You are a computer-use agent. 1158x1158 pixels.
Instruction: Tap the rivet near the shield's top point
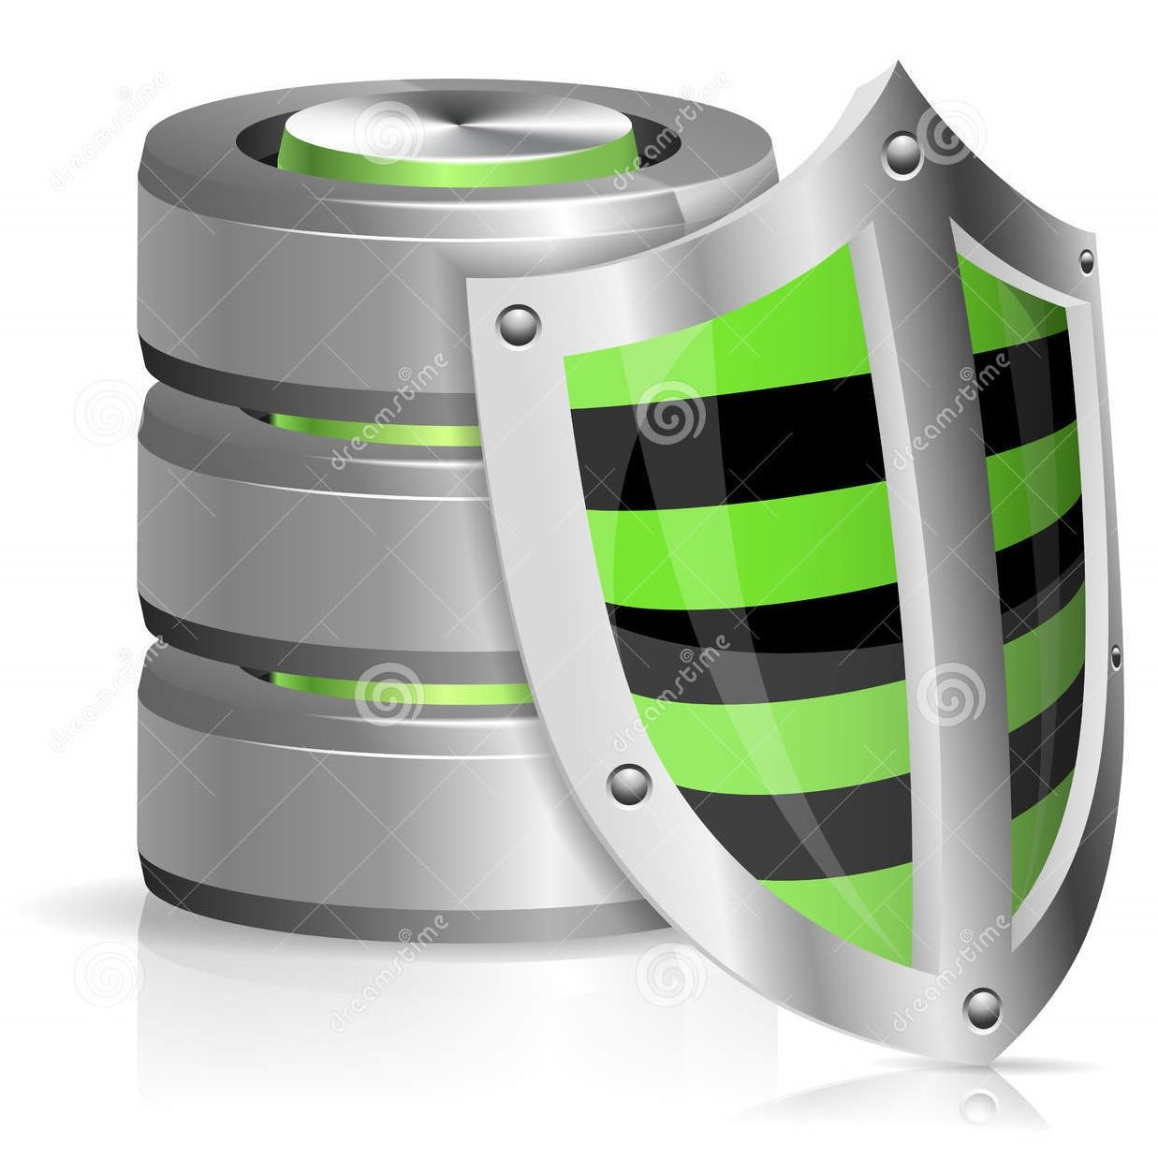pyautogui.click(x=902, y=154)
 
